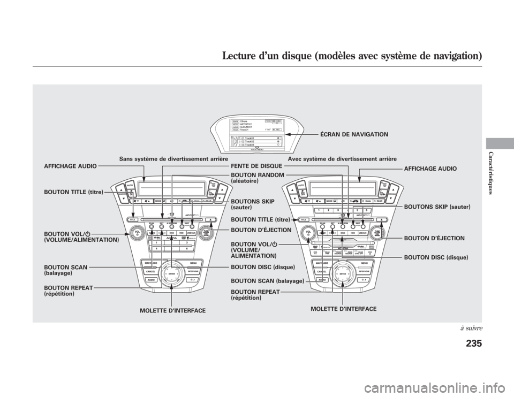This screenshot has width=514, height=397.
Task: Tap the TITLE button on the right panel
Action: tap(304, 220)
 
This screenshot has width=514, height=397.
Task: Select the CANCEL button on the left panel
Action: tap(150, 271)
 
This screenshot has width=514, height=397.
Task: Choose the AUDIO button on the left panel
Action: tap(152, 280)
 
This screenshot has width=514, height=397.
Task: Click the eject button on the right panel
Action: tap(380, 220)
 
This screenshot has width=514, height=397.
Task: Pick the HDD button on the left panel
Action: tap(183, 233)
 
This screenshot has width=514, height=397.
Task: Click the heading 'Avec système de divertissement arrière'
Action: tap(342, 159)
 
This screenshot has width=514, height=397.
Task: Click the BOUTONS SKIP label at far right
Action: tap(437, 206)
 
